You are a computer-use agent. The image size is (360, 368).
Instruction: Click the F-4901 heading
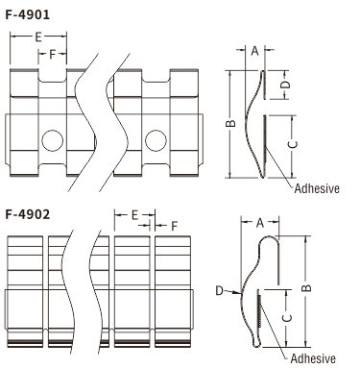coord(28,14)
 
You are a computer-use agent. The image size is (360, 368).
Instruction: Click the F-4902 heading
coord(28,214)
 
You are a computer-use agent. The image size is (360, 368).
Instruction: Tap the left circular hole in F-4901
coord(53,140)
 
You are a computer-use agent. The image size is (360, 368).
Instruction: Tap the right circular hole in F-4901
coord(156,140)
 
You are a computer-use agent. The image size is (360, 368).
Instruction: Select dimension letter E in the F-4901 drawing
coord(38,37)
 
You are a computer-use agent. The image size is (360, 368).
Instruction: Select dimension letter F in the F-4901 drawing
coord(53,55)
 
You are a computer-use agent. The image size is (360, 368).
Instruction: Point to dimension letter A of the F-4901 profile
coord(254,50)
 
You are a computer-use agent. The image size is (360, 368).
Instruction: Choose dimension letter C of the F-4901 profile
coord(293,144)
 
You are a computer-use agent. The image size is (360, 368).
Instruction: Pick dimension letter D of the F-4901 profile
coord(286,85)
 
